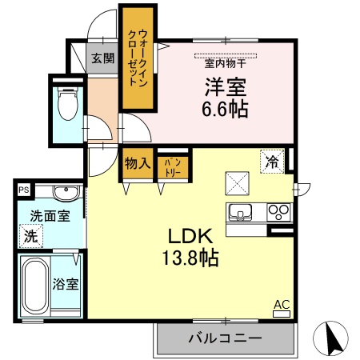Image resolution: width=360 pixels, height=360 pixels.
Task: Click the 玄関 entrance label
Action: pos(102,58)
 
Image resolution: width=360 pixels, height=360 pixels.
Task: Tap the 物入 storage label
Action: pos(137,164)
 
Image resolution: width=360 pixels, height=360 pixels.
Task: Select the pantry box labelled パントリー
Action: pos(172,165)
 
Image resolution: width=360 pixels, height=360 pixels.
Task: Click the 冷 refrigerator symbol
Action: pos(272,162)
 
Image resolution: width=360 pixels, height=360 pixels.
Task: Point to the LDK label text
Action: pos(189,238)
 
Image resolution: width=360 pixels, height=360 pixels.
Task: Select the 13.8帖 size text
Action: pos(189,258)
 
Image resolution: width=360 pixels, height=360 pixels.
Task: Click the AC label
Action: pos(282,305)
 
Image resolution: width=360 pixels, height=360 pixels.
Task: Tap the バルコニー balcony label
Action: pos(225,339)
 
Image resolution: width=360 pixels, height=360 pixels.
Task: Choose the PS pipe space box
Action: pos(23,190)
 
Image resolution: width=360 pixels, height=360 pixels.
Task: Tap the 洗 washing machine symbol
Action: pos(30,236)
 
